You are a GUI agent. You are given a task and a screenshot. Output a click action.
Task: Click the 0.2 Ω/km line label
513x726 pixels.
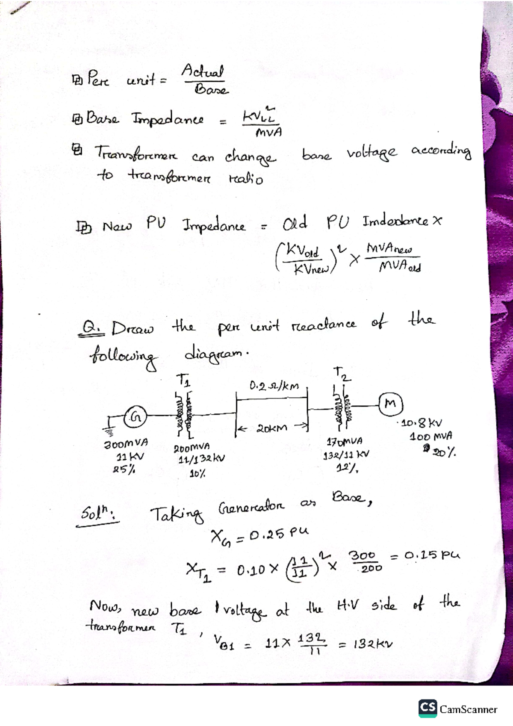coord(274,387)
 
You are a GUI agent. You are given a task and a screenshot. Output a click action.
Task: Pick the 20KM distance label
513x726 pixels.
coord(272,428)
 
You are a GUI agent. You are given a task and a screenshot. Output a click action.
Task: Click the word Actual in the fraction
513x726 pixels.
coord(203,71)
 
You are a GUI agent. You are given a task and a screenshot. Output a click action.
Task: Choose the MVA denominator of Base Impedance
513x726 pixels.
coord(268,133)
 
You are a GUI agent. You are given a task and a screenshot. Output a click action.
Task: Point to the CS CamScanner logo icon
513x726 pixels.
coord(427,708)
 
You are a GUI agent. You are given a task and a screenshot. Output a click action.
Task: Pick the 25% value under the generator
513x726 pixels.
coord(124,469)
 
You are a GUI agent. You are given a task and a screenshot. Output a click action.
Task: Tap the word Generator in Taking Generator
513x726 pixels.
coord(251,508)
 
